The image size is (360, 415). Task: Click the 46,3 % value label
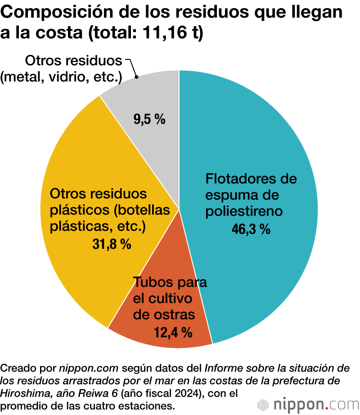pyautogui.click(x=251, y=229)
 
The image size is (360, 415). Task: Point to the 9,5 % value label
pyautogui.click(x=149, y=120)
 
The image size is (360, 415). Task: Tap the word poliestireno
pyautogui.click(x=243, y=211)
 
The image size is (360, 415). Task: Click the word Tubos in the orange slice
pyautogui.click(x=151, y=283)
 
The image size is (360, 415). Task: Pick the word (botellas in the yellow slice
pyautogui.click(x=140, y=210)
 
